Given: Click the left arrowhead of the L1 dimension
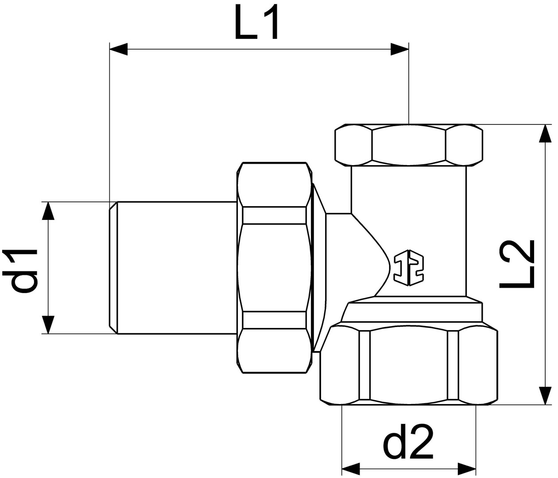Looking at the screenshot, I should point(118,49).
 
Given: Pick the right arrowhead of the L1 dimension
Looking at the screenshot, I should point(399,49).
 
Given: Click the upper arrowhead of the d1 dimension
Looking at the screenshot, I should point(48,211).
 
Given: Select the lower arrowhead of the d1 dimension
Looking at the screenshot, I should point(48,324).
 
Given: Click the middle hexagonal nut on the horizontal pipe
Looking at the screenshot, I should point(274,268).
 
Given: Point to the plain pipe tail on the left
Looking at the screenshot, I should point(177,267).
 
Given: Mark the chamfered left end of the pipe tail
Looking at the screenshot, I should point(113,267).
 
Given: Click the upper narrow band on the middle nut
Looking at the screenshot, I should point(274,215).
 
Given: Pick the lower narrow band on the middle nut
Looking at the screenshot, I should point(274,320).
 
